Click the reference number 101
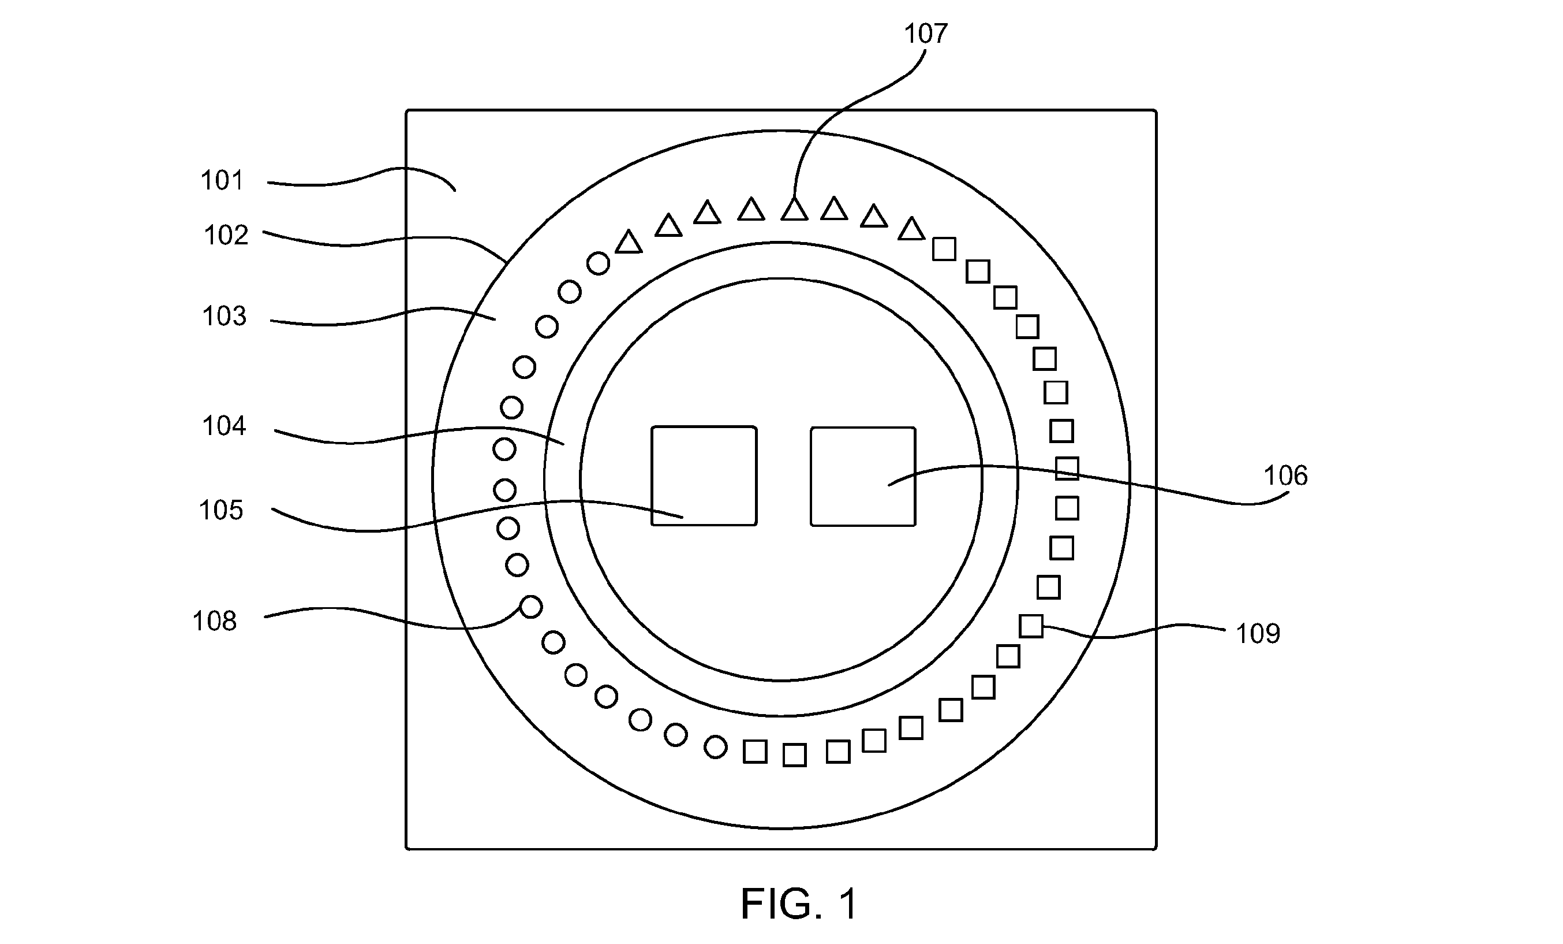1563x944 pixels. coord(222,181)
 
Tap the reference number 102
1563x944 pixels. coord(226,236)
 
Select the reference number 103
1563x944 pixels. coord(225,316)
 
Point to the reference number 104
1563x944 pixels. coord(224,426)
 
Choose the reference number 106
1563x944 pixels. coord(1286,475)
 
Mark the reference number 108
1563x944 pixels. coord(214,622)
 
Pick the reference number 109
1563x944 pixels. coord(1258,634)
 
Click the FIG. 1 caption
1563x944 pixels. coord(799,904)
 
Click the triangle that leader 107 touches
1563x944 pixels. coord(794,210)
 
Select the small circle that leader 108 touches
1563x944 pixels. coord(531,608)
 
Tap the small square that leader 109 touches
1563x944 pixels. coord(1031,626)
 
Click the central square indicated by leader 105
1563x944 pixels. coord(704,476)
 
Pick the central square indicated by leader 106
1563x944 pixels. coord(863,477)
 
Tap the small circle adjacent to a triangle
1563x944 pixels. coord(598,263)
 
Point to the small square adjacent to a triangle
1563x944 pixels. coord(944,249)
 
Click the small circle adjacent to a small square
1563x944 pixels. coord(716,746)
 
